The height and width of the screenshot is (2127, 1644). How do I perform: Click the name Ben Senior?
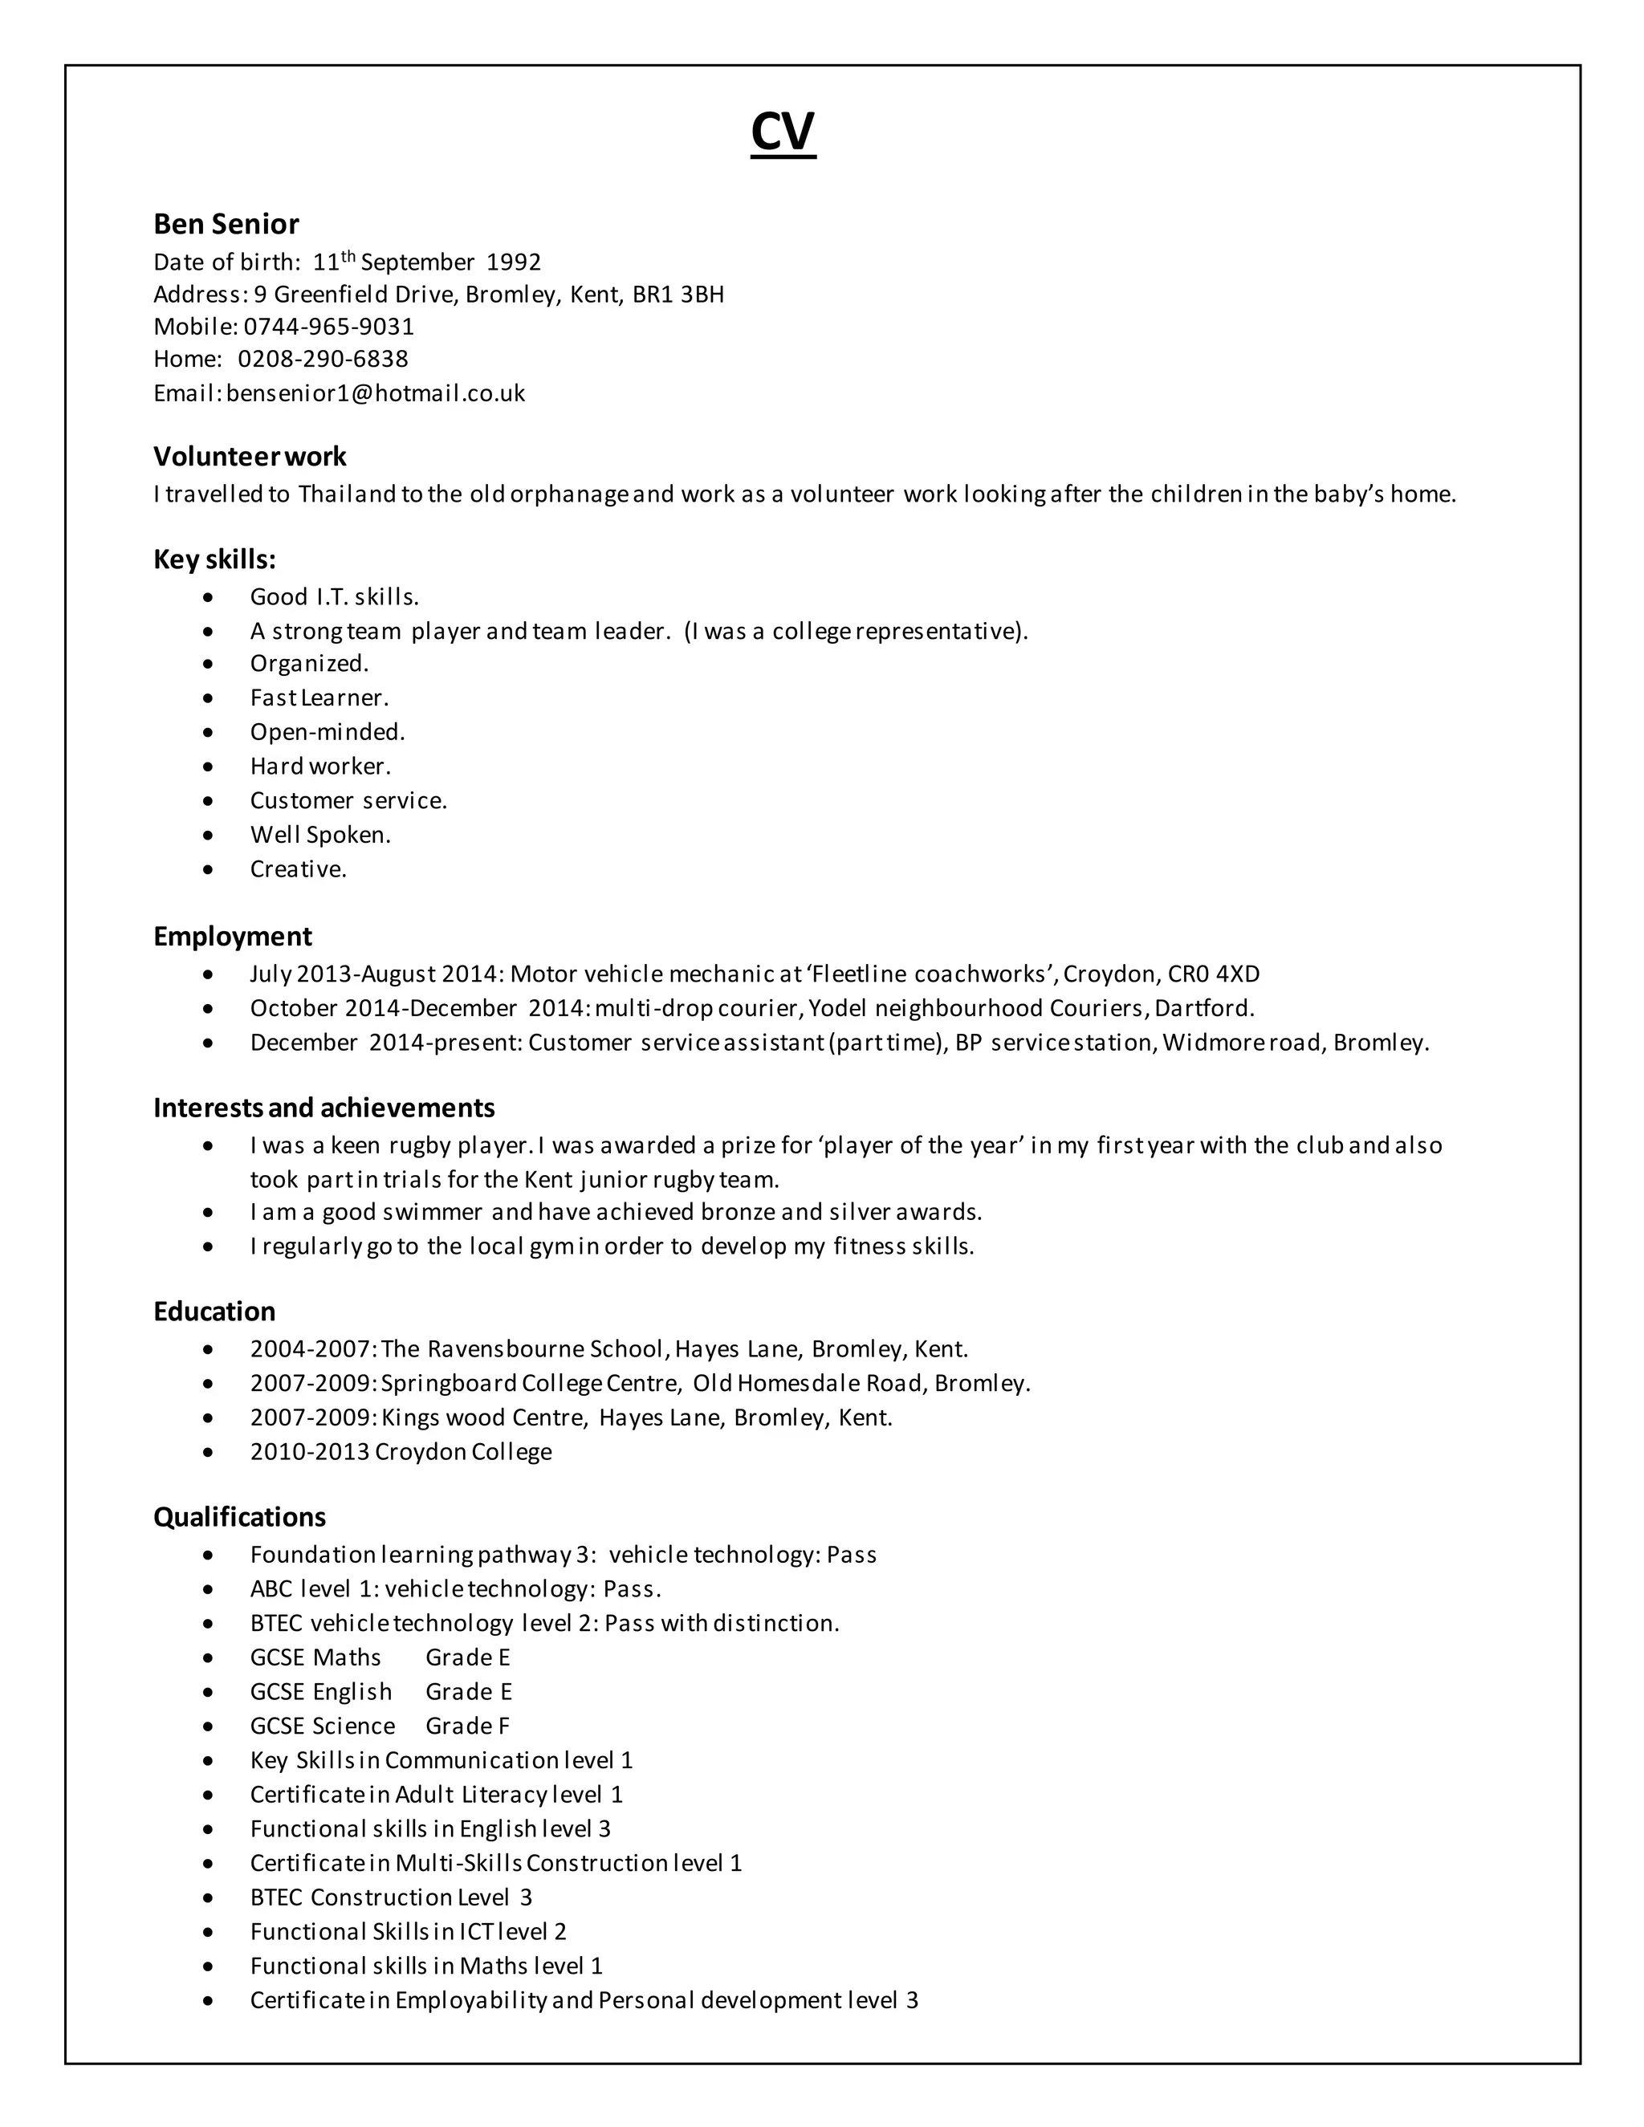[x=226, y=224]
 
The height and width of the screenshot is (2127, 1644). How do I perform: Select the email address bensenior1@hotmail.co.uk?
[x=375, y=393]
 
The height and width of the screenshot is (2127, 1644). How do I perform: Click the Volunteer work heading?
[x=250, y=456]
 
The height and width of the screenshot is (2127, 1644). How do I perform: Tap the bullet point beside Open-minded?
[x=207, y=732]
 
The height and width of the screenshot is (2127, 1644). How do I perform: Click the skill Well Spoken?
[x=320, y=835]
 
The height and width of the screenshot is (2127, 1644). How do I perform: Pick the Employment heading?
[x=232, y=936]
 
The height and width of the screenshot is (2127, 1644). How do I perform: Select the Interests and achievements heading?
[x=324, y=1108]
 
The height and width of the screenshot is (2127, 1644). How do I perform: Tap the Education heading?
[x=214, y=1311]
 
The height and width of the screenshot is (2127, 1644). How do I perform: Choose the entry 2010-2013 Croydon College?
[x=401, y=1451]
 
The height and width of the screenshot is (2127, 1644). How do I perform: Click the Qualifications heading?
[x=239, y=1516]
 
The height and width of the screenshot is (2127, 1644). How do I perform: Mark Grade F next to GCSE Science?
[x=467, y=1726]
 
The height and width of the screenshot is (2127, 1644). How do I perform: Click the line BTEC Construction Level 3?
[x=391, y=1897]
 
